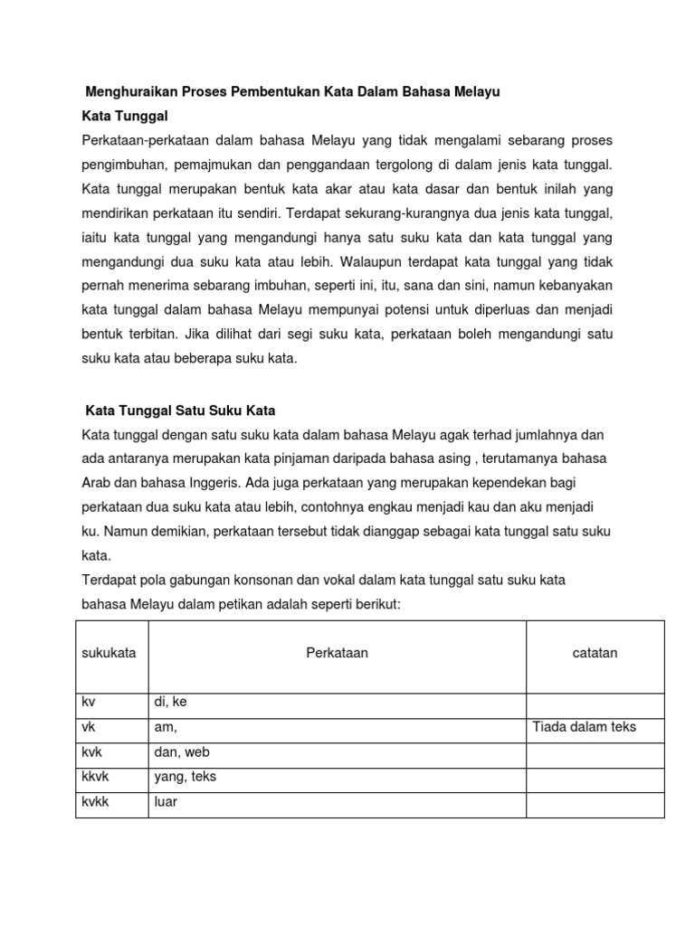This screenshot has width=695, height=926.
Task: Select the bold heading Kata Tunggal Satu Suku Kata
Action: (x=179, y=410)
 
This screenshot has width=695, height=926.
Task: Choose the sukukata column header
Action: (x=109, y=653)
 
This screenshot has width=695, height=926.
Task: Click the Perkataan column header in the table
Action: (x=337, y=653)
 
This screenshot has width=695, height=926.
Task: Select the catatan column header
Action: (x=595, y=653)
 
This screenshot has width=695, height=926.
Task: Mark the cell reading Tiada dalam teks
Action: (x=585, y=727)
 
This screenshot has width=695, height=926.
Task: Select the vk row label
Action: (x=88, y=727)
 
